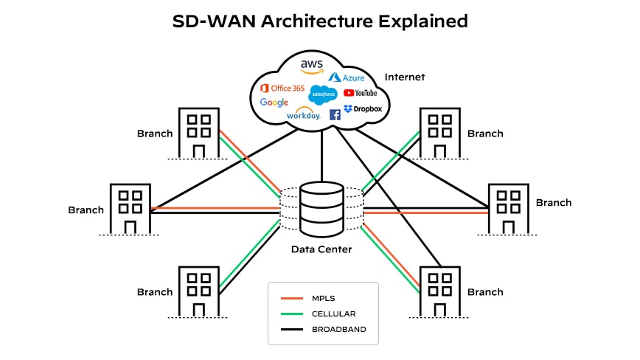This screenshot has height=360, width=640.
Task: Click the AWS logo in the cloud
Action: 312,67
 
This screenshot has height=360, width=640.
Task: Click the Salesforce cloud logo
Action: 323,94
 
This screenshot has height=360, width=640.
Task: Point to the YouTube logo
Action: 361,93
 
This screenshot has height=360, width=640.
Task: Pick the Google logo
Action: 274,103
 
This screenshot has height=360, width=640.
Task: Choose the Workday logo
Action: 303,114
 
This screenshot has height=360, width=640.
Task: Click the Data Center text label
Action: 321,249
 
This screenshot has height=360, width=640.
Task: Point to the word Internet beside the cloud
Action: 404,77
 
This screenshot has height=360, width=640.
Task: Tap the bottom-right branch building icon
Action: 440,291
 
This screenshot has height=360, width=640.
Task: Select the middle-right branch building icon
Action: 509,209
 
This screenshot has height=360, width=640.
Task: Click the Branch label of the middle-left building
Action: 86,210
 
